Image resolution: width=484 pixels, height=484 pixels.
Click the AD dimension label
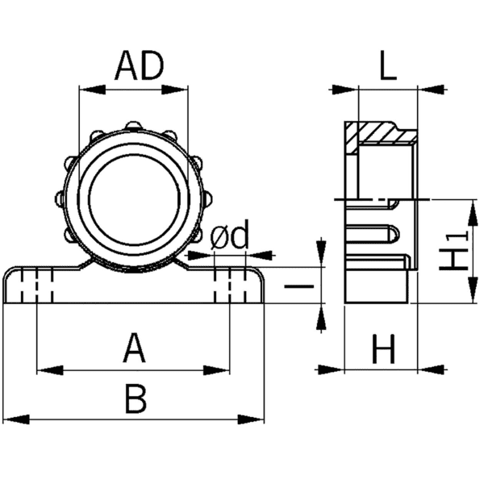[138, 67]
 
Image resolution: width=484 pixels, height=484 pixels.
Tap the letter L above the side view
[388, 68]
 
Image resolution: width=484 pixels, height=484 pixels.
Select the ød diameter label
[230, 237]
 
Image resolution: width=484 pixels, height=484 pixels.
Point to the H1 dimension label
[453, 252]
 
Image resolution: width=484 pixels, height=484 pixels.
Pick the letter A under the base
[134, 351]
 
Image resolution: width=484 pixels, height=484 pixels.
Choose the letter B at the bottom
[136, 399]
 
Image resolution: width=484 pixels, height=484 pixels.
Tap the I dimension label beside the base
[300, 285]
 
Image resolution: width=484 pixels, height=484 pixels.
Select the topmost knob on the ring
[132, 126]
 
